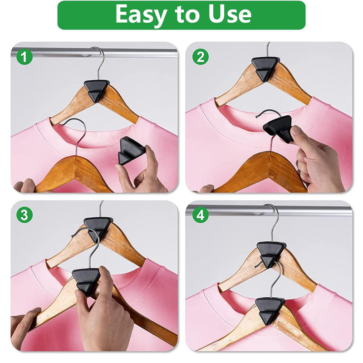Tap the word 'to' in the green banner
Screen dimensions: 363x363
(187, 15)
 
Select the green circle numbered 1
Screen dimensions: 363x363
(25, 57)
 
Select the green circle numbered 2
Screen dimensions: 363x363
(201, 57)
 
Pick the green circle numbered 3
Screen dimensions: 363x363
(25, 215)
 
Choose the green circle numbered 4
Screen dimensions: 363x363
(201, 215)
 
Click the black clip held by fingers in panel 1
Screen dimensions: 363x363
(131, 151)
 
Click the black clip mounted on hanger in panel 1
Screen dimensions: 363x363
(96, 90)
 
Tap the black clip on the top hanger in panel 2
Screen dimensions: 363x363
(265, 69)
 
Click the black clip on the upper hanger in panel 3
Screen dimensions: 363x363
(98, 228)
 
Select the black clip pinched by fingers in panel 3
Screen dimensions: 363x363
(86, 281)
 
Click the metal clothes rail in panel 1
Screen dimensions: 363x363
(94, 53)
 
